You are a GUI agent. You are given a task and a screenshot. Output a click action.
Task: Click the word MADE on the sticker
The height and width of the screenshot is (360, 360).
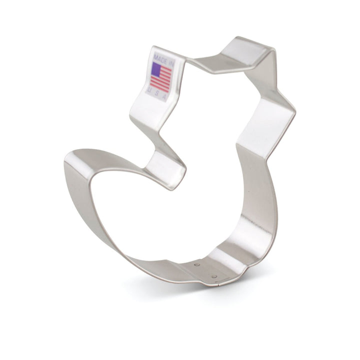[160, 58]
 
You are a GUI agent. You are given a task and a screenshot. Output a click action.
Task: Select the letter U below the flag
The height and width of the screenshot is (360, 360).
[149, 90]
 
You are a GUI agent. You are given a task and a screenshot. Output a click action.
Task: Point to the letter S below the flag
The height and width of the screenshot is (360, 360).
[156, 92]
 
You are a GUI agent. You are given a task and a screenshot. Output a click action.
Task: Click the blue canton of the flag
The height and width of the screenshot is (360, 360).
[156, 69]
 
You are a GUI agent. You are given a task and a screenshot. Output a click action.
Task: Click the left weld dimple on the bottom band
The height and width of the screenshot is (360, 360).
[197, 264]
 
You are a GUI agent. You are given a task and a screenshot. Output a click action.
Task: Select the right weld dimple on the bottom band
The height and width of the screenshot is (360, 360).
[214, 276]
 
